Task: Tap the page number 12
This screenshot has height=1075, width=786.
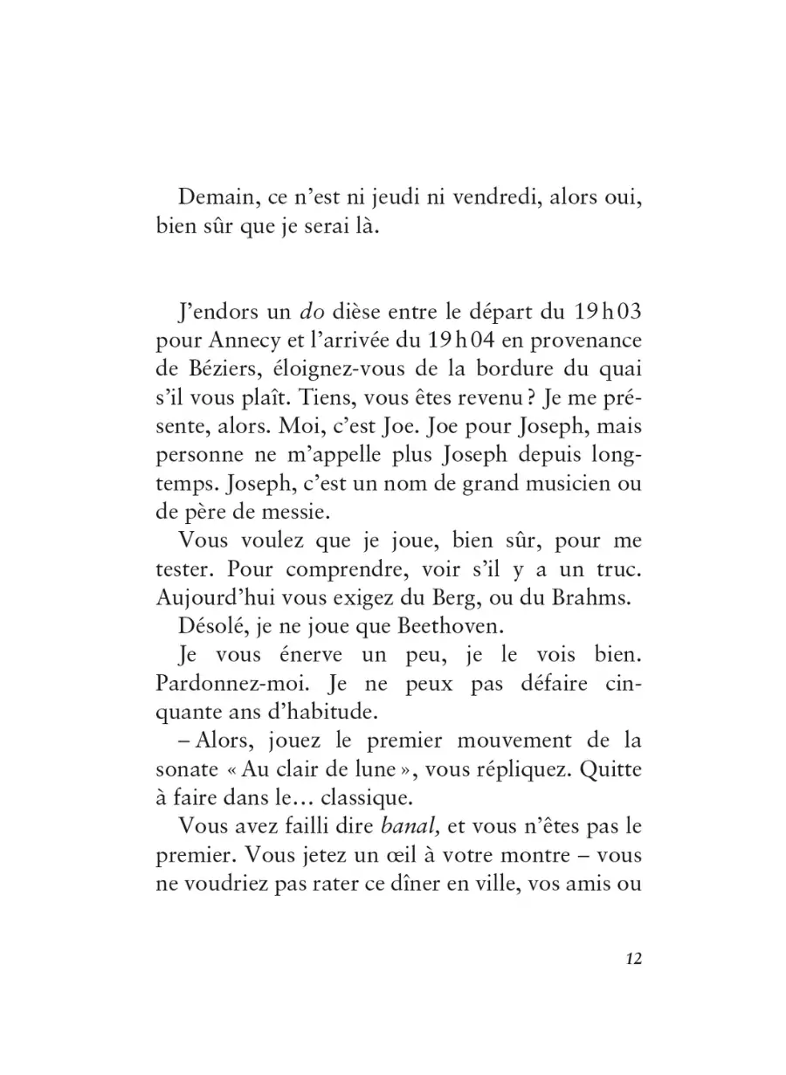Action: (x=634, y=958)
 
